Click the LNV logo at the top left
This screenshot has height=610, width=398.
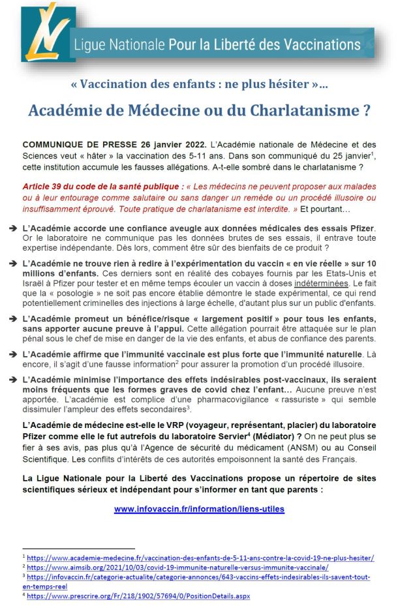pos(46,32)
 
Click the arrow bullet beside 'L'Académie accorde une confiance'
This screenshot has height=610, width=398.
pos(14,228)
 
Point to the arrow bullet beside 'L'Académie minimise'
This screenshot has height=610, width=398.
pos(14,379)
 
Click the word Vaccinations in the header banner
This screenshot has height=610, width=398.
pos(319,45)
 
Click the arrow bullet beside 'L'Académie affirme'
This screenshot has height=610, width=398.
pos(14,354)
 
